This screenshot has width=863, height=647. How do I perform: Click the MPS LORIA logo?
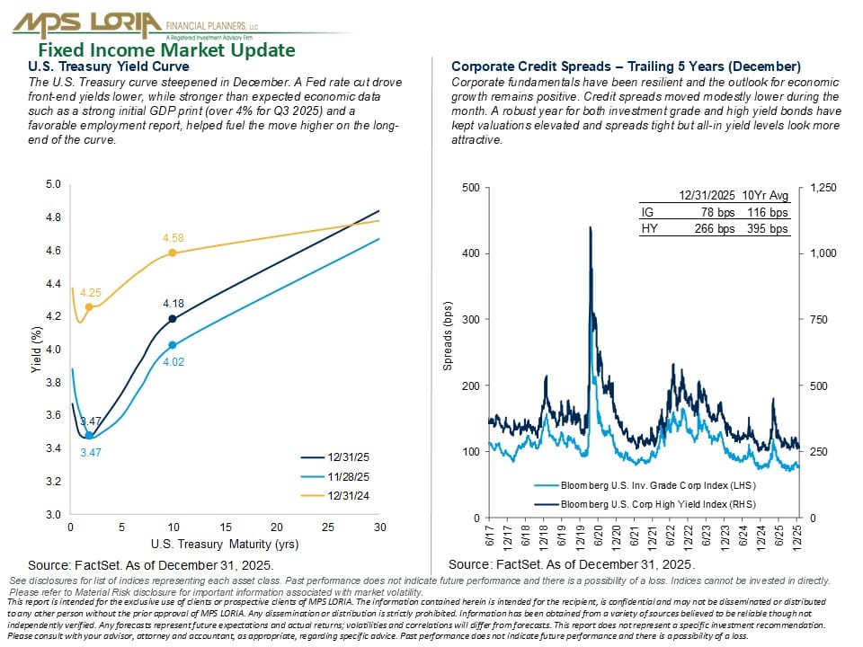pyautogui.click(x=136, y=25)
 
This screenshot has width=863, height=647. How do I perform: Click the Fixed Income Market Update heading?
pyautogui.click(x=167, y=50)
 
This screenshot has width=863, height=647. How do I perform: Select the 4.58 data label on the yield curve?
pyautogui.click(x=173, y=237)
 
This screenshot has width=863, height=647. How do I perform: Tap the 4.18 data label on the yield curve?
pyautogui.click(x=173, y=303)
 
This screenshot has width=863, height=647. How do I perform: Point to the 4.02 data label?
pyautogui.click(x=173, y=361)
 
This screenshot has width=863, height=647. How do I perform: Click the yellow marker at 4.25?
pyautogui.click(x=89, y=307)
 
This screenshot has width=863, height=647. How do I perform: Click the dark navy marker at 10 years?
pyautogui.click(x=173, y=318)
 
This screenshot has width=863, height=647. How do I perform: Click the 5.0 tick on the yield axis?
pyautogui.click(x=53, y=183)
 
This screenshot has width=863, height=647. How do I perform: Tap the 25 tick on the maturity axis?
pyautogui.click(x=328, y=527)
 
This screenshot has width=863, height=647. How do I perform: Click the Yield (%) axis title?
pyautogui.click(x=36, y=350)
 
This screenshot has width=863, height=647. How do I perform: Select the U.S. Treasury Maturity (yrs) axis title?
pyautogui.click(x=225, y=545)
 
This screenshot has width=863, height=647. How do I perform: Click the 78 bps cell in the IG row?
pyautogui.click(x=717, y=212)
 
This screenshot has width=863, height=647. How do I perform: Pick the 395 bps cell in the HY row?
pyautogui.click(x=767, y=228)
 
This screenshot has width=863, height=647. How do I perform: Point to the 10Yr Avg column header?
pyautogui.click(x=765, y=195)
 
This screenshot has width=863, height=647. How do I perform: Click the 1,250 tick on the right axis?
pyautogui.click(x=823, y=188)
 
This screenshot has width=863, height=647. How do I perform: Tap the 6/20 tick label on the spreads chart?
pyautogui.click(x=599, y=536)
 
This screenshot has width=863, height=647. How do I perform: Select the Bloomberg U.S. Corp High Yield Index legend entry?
pyautogui.click(x=645, y=504)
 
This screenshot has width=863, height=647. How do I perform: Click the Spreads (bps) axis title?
pyautogui.click(x=448, y=336)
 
